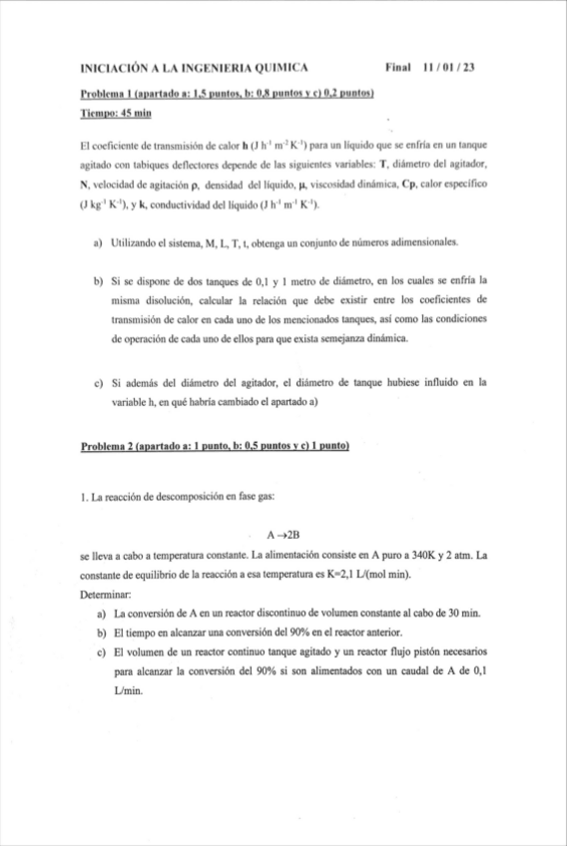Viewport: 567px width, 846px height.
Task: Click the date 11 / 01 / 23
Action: click(449, 68)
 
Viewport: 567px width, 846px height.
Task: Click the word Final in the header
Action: click(397, 68)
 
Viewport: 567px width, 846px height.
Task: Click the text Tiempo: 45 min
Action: click(115, 114)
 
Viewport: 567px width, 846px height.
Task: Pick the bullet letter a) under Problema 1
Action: click(99, 242)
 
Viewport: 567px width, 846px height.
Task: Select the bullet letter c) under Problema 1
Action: click(99, 381)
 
